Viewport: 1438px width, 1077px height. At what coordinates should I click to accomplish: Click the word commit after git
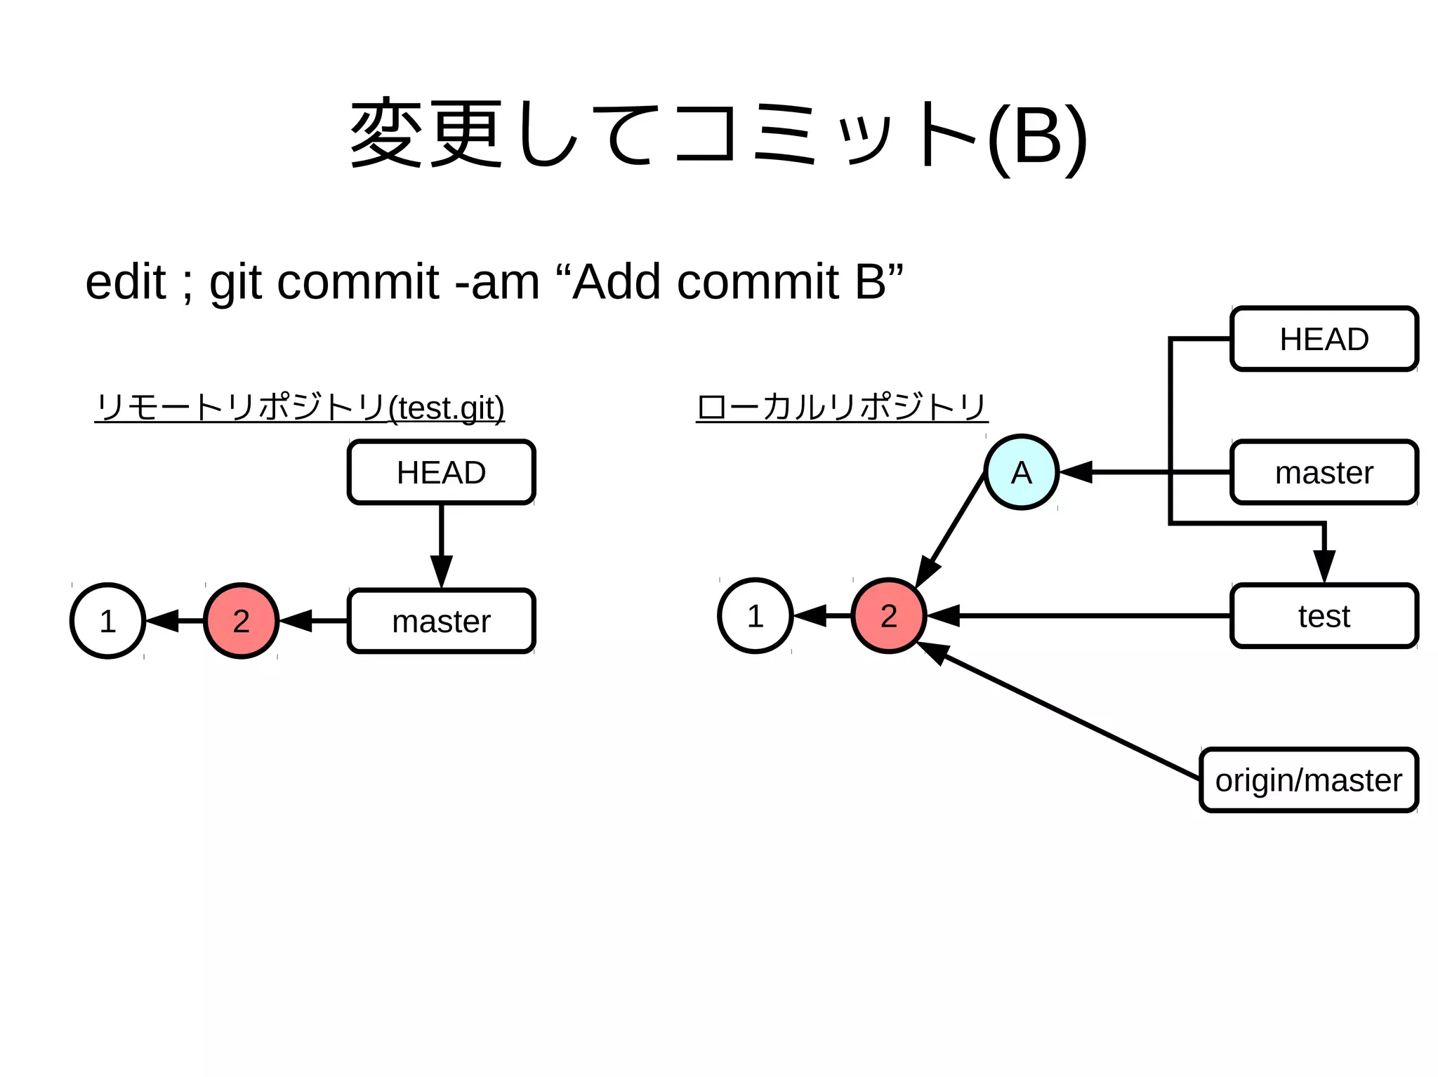tap(358, 282)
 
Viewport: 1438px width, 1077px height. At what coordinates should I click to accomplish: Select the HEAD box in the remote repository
tap(441, 472)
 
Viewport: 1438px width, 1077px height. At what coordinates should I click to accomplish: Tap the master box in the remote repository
tap(441, 621)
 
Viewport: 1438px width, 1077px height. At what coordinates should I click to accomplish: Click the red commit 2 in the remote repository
tap(241, 621)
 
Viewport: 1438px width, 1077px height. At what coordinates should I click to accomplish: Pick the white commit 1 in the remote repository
tap(107, 621)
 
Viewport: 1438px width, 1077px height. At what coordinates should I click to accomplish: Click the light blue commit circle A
tap(1021, 472)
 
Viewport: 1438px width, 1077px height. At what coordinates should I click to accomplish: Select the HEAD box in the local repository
tap(1324, 339)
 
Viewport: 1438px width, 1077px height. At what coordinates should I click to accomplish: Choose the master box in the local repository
tap(1324, 472)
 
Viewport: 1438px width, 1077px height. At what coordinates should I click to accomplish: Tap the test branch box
tap(1324, 616)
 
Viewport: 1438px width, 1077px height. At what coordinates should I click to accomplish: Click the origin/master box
tap(1308, 780)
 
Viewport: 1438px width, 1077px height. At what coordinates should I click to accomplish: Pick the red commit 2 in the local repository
tap(888, 616)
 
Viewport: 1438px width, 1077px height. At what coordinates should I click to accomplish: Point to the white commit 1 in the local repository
tap(755, 616)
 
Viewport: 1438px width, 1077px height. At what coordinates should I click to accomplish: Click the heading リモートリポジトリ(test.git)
tap(300, 408)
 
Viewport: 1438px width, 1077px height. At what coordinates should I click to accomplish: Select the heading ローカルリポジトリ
tap(841, 408)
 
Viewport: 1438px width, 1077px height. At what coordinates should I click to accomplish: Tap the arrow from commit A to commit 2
tap(951, 530)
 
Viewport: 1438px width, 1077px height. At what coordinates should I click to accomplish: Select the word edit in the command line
tap(125, 282)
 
